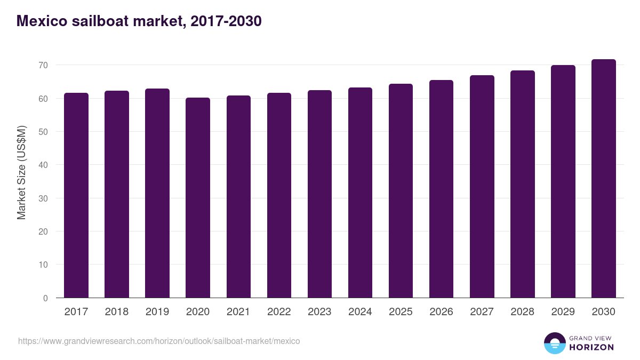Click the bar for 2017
coord(76,195)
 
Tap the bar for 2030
coord(603,179)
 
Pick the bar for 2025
coord(401,191)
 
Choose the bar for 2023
coord(319,194)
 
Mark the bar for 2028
coord(522,184)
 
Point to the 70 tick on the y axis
coord(42,65)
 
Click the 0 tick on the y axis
coord(45,298)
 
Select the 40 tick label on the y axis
coord(42,165)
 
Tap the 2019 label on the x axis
coord(157,312)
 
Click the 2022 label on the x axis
coord(279,312)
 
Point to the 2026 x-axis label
coord(441,312)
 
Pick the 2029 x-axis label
coord(563,312)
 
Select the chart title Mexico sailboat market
coord(139,21)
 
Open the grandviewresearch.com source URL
coord(159,341)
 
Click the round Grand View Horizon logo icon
coord(554,343)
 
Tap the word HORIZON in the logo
coord(591,347)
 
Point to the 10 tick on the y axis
coord(42,265)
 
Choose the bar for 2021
coord(238,197)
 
